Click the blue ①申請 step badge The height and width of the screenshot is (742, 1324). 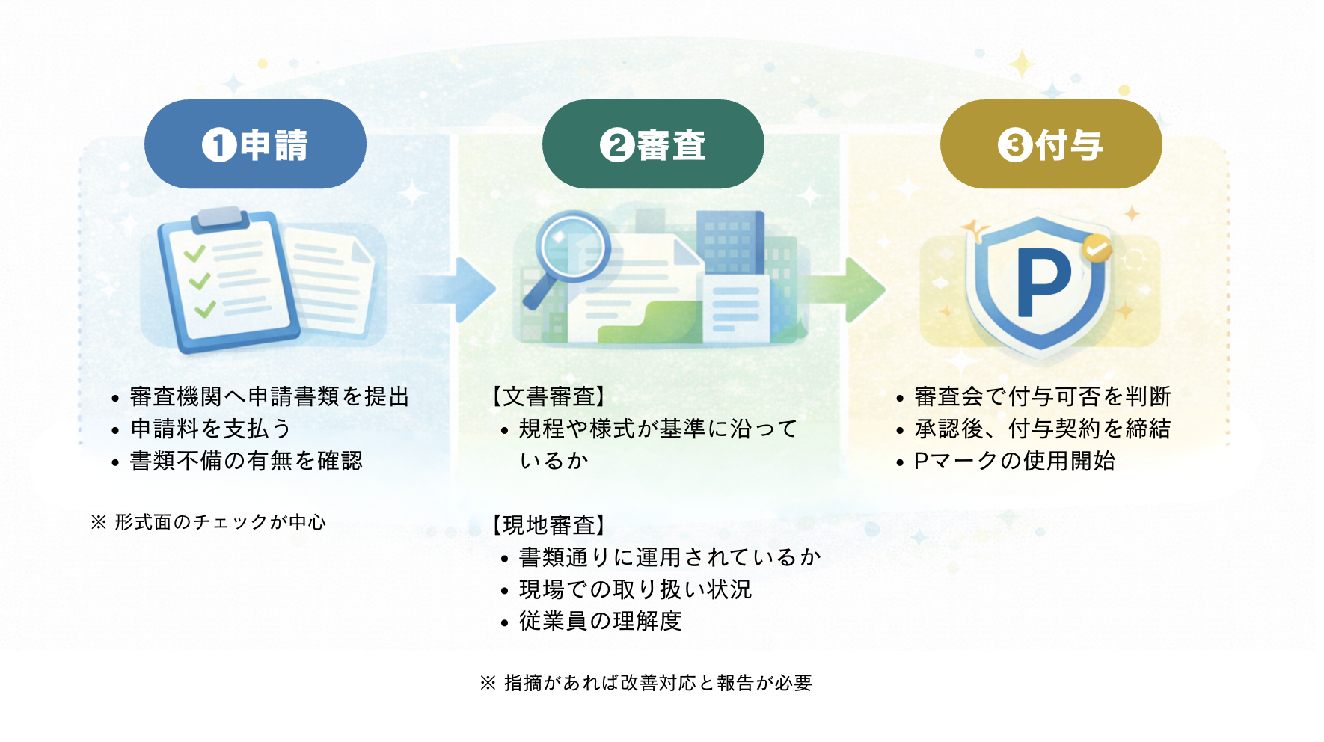click(255, 144)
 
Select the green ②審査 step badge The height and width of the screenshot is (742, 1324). click(653, 144)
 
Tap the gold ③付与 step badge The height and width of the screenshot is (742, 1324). click(1051, 144)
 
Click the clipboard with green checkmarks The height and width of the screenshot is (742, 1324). click(228, 280)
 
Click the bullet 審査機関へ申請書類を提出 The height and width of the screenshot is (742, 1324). click(269, 396)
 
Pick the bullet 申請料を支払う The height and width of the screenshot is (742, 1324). click(211, 429)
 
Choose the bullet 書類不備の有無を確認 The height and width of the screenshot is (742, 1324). click(246, 461)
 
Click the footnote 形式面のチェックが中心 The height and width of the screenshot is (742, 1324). click(219, 522)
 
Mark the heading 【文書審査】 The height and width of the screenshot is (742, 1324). click(548, 396)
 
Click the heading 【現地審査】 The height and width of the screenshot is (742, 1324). click(548, 525)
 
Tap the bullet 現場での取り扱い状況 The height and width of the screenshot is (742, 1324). click(635, 589)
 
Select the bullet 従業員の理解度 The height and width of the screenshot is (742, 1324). click(600, 621)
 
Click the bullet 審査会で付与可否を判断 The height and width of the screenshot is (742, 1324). click(1042, 396)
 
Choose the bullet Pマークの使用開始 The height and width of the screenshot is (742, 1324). click(1014, 461)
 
